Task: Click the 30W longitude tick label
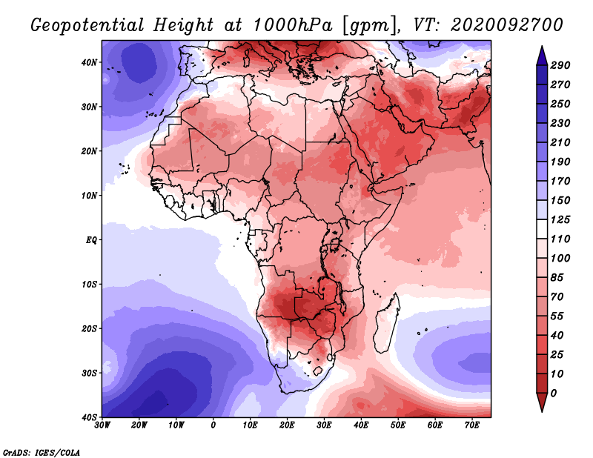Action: coord(102,425)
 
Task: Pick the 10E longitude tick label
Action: coord(251,425)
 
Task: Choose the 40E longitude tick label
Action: coord(362,425)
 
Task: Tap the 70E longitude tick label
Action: coord(472,425)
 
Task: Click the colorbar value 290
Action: coord(562,66)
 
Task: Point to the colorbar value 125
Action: coord(562,219)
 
